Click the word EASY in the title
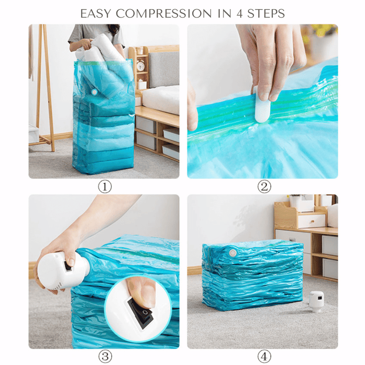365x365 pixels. pyautogui.click(x=96, y=13)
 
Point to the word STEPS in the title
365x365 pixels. pyautogui.click(x=267, y=13)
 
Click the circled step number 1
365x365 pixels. pyautogui.click(x=104, y=187)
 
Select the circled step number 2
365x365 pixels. pyautogui.click(x=264, y=187)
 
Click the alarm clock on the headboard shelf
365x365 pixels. pyautogui.click(x=140, y=65)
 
